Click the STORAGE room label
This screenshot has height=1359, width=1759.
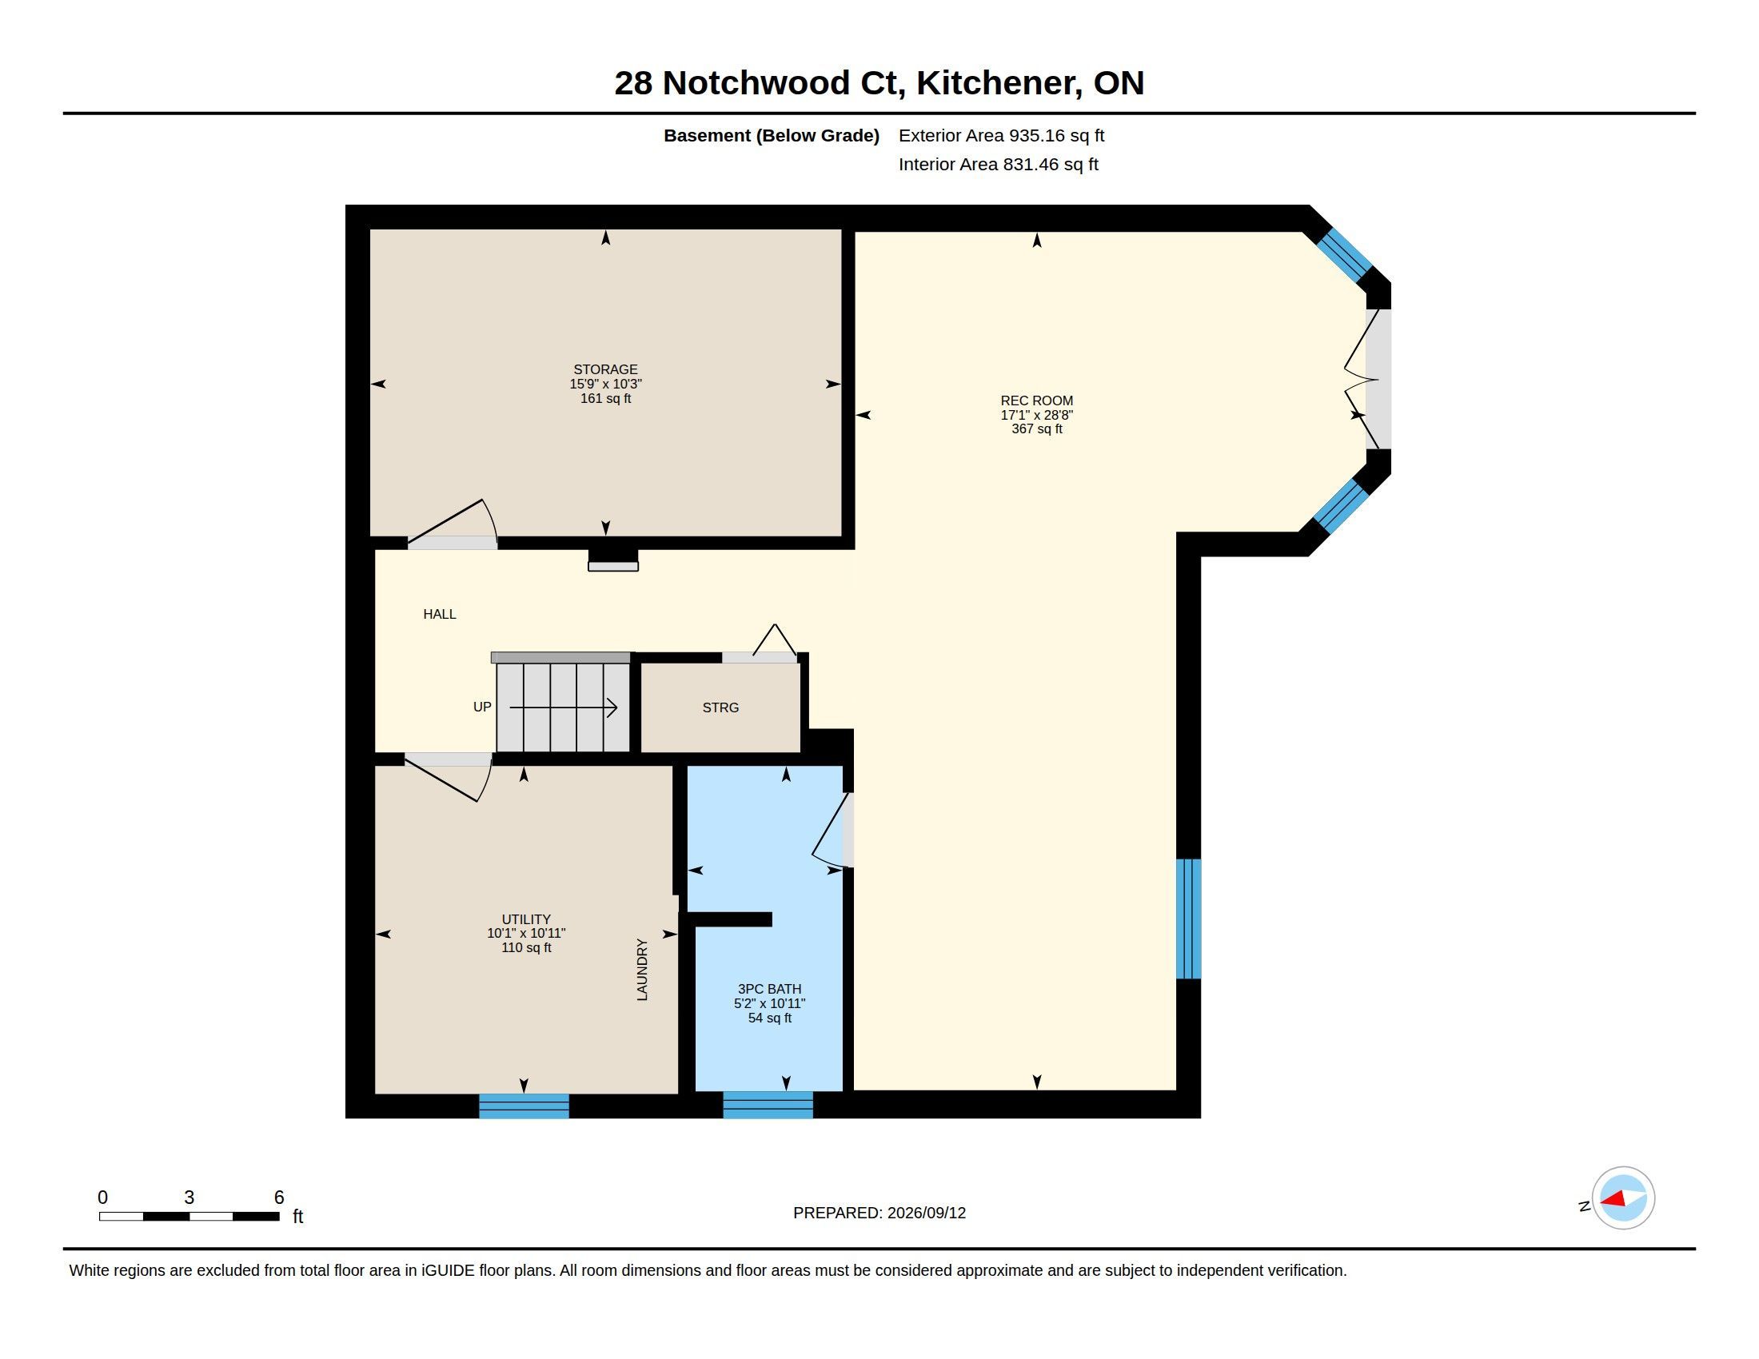tap(605, 369)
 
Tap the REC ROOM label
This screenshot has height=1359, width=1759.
tap(1036, 401)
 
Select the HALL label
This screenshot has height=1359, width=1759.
tap(440, 614)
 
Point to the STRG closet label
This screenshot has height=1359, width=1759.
tap(720, 707)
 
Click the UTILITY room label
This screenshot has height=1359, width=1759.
tap(526, 919)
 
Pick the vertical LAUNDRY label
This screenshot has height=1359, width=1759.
tap(642, 970)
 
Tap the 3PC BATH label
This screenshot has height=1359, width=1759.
tap(769, 989)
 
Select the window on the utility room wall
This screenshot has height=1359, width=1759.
tap(525, 1106)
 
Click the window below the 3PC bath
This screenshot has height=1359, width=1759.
tap(768, 1105)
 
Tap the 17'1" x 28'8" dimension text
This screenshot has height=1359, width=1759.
tap(1036, 415)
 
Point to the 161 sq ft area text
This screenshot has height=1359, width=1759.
tap(606, 399)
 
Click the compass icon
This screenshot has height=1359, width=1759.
tap(1623, 1198)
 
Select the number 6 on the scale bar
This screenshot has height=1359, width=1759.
tap(279, 1198)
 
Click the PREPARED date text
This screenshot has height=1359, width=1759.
tap(879, 1213)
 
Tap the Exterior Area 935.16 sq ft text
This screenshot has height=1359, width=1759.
tap(1001, 135)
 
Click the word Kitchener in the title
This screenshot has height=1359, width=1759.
tap(999, 83)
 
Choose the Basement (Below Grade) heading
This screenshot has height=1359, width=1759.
tap(771, 135)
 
